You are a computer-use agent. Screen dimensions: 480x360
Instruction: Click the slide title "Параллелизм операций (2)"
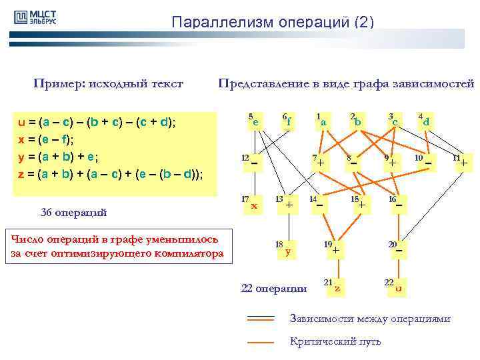click(273, 22)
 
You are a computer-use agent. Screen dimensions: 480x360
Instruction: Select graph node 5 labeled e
click(255, 121)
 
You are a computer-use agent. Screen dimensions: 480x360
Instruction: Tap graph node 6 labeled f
click(288, 121)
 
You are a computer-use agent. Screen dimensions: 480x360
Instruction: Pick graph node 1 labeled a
click(323, 122)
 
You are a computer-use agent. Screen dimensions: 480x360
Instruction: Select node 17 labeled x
click(254, 205)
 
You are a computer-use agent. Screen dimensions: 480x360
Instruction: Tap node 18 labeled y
click(287, 251)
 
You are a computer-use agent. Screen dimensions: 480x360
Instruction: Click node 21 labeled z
click(337, 288)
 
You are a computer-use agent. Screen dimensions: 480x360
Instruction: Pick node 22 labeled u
click(398, 288)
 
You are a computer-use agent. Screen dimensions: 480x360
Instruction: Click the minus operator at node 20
click(399, 251)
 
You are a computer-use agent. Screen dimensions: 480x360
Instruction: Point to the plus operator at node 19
click(337, 251)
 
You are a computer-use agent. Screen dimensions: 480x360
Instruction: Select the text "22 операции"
click(273, 289)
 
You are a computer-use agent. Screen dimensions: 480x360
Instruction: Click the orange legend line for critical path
click(261, 342)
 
